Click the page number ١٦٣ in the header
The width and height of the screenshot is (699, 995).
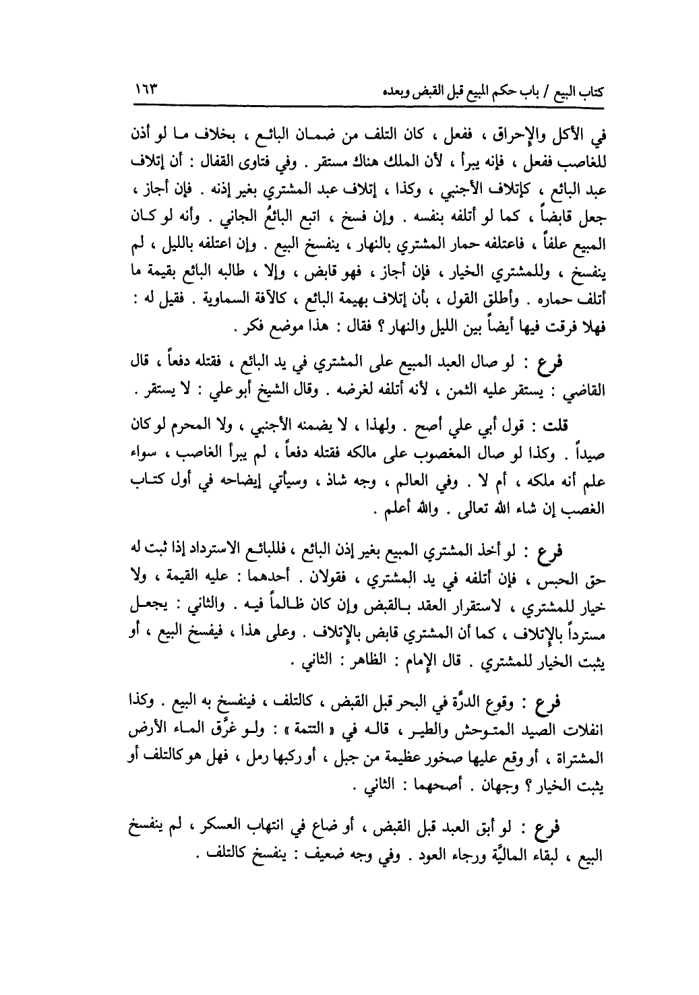144,90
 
